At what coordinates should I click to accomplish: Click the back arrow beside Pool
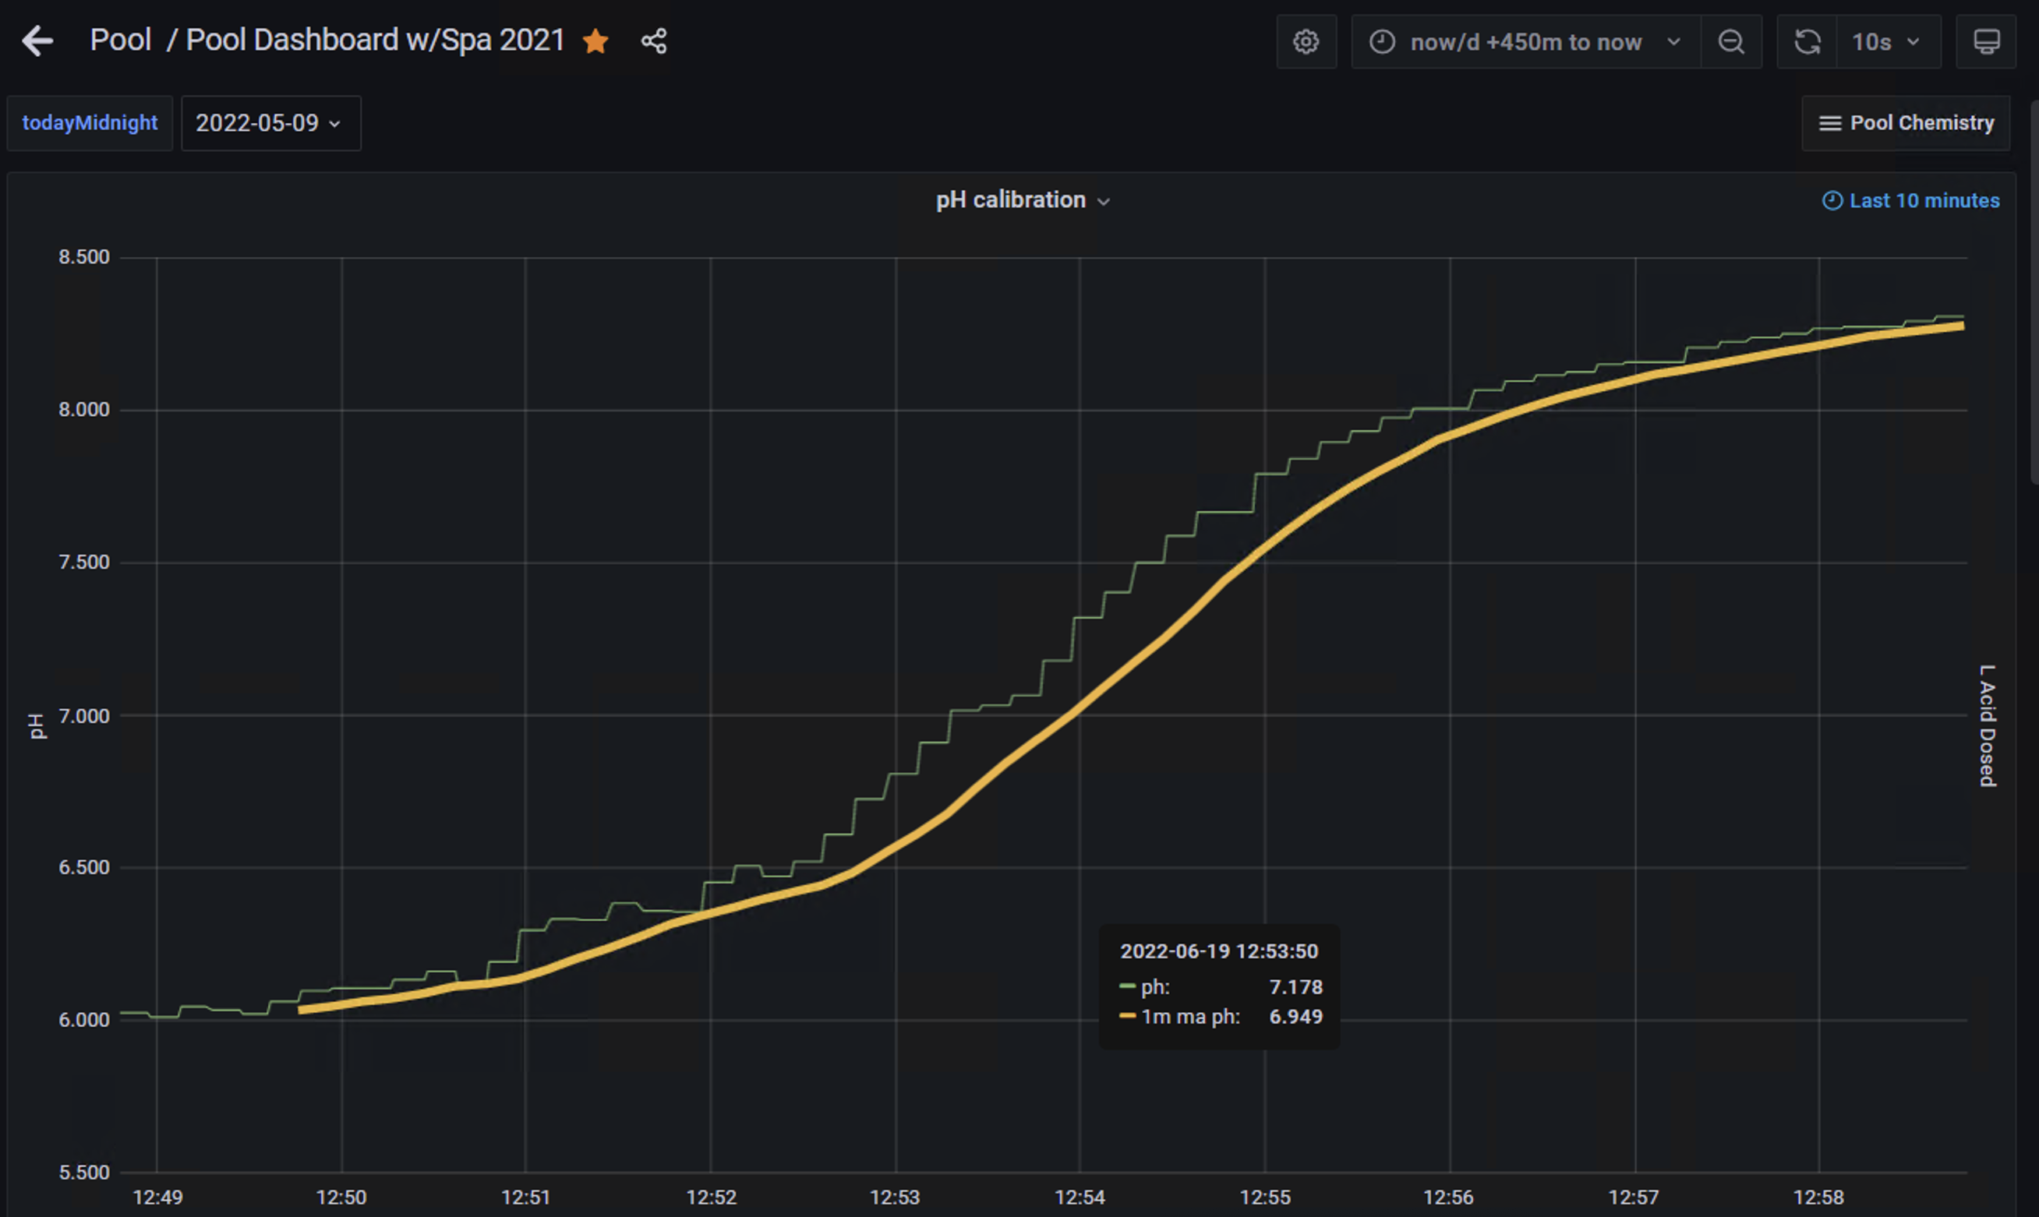[37, 41]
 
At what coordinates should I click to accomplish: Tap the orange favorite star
[595, 41]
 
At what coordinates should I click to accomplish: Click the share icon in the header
[654, 41]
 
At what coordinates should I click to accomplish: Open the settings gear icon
[1306, 42]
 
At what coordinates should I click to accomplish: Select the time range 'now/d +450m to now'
[1525, 42]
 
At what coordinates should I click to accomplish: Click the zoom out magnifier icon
[1730, 42]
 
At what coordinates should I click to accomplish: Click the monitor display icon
[1986, 42]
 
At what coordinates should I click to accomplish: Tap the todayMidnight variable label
[90, 123]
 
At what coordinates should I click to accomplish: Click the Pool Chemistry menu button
[1906, 123]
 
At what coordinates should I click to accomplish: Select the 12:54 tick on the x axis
[1080, 1198]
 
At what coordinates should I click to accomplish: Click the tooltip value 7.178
[1296, 987]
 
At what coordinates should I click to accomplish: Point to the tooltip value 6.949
[1296, 1017]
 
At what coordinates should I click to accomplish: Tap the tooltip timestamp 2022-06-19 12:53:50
[1219, 951]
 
